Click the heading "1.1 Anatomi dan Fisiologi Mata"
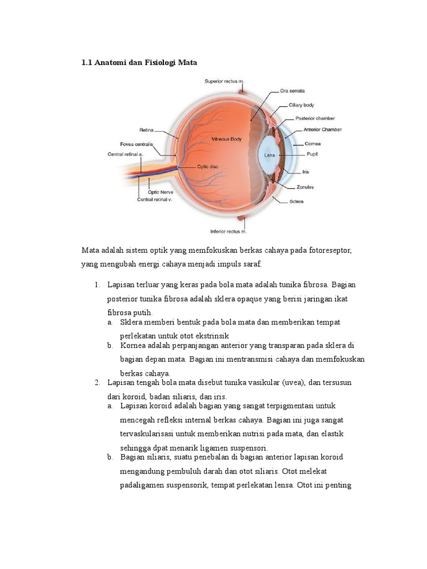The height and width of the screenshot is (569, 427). click(x=139, y=63)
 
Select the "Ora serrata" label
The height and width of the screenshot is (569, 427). click(x=292, y=91)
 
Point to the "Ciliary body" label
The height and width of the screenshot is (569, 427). click(x=301, y=104)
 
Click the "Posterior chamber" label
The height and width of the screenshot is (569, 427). click(x=315, y=118)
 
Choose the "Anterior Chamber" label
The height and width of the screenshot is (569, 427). click(x=322, y=129)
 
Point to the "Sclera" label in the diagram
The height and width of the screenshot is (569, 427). click(x=296, y=201)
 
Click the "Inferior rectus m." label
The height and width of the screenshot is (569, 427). click(x=228, y=231)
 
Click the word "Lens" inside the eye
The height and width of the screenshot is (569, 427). click(x=270, y=156)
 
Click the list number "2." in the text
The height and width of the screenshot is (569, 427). click(x=97, y=383)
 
